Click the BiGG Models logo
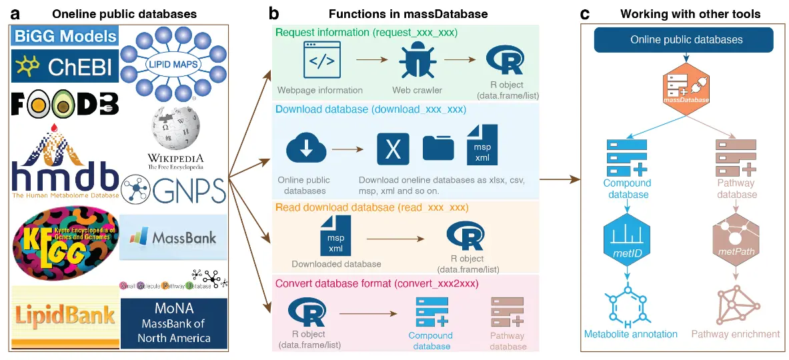65,36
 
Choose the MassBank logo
173,237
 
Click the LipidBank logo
65,314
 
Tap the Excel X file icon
393,149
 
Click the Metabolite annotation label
630,334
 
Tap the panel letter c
584,13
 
